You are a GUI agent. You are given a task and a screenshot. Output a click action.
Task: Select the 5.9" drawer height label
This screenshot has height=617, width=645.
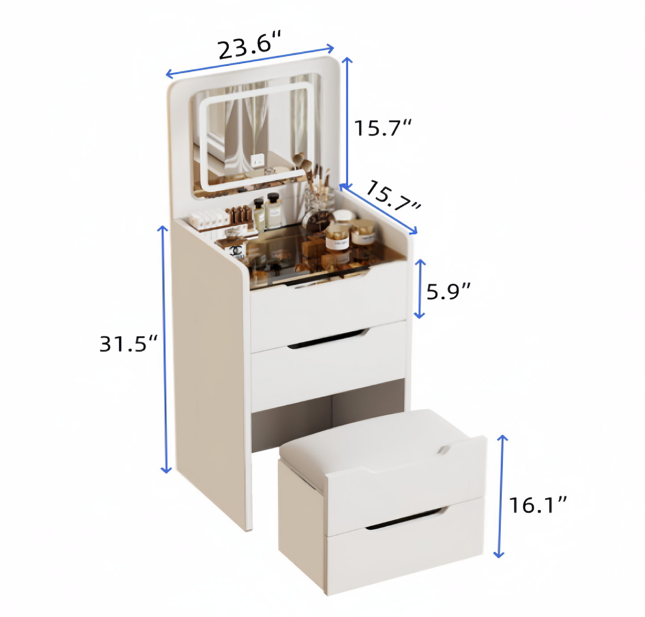448,291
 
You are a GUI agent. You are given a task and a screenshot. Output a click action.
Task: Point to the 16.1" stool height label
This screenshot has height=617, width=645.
537,505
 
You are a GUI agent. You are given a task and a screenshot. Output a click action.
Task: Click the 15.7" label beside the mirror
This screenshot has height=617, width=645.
383,128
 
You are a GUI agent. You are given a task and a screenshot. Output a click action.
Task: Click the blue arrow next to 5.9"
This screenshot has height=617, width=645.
420,289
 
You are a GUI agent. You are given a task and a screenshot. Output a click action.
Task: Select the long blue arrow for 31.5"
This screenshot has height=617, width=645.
164,349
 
